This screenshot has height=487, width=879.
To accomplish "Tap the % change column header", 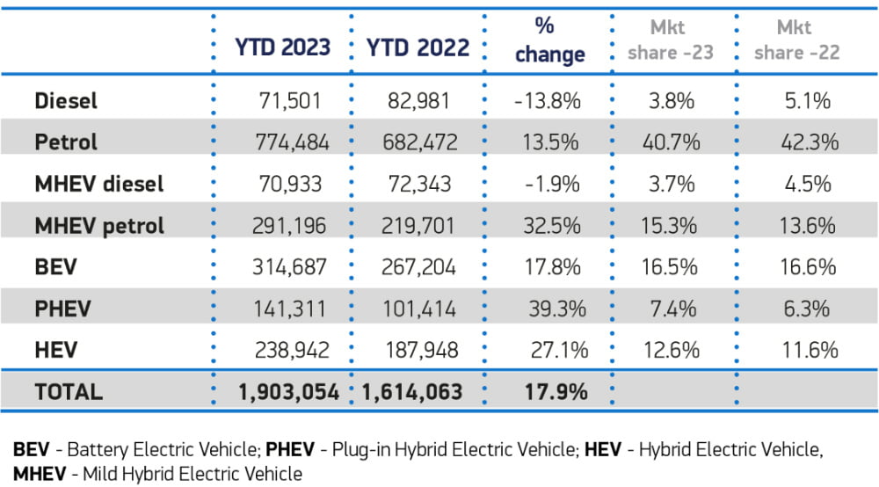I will (x=549, y=40).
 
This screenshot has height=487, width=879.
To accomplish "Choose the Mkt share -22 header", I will (x=797, y=40).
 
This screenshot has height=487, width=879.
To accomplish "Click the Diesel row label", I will (x=66, y=101).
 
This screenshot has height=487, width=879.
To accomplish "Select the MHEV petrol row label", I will (x=99, y=226).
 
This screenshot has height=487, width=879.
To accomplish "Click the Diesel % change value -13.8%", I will (x=548, y=101).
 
